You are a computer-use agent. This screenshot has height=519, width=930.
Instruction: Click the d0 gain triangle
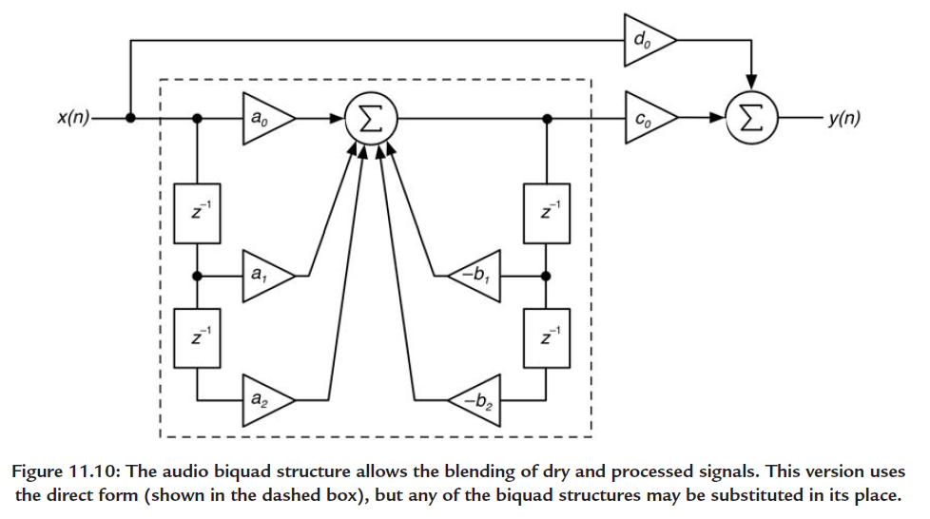click(x=646, y=40)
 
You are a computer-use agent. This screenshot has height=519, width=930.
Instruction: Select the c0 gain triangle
click(x=647, y=118)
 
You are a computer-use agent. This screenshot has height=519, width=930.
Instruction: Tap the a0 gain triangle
click(x=264, y=118)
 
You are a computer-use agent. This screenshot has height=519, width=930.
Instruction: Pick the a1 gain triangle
click(x=264, y=276)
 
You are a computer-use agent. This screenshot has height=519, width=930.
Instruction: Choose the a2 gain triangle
click(x=264, y=400)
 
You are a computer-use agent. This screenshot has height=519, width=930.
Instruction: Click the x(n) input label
click(x=73, y=118)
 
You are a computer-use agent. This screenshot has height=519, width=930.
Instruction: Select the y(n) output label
click(x=844, y=118)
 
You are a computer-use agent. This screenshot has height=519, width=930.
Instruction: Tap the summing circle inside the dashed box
click(x=371, y=119)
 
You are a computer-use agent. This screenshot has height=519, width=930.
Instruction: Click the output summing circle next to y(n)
click(x=751, y=118)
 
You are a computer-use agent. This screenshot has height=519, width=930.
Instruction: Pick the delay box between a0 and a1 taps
click(x=197, y=214)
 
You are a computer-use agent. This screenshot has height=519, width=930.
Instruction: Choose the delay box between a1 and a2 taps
click(x=197, y=338)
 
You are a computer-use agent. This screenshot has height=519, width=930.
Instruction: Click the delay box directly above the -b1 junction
click(x=547, y=214)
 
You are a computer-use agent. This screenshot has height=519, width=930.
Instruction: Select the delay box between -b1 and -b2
click(x=547, y=338)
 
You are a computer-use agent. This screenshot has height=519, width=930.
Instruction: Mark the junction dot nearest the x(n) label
click(x=130, y=118)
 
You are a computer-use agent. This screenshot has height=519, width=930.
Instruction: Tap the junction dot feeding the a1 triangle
click(x=198, y=276)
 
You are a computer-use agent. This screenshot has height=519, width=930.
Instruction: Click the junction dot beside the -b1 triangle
click(x=546, y=276)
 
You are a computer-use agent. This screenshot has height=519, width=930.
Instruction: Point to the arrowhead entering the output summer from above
click(x=751, y=84)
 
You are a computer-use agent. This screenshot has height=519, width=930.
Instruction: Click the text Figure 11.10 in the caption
click(x=66, y=471)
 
